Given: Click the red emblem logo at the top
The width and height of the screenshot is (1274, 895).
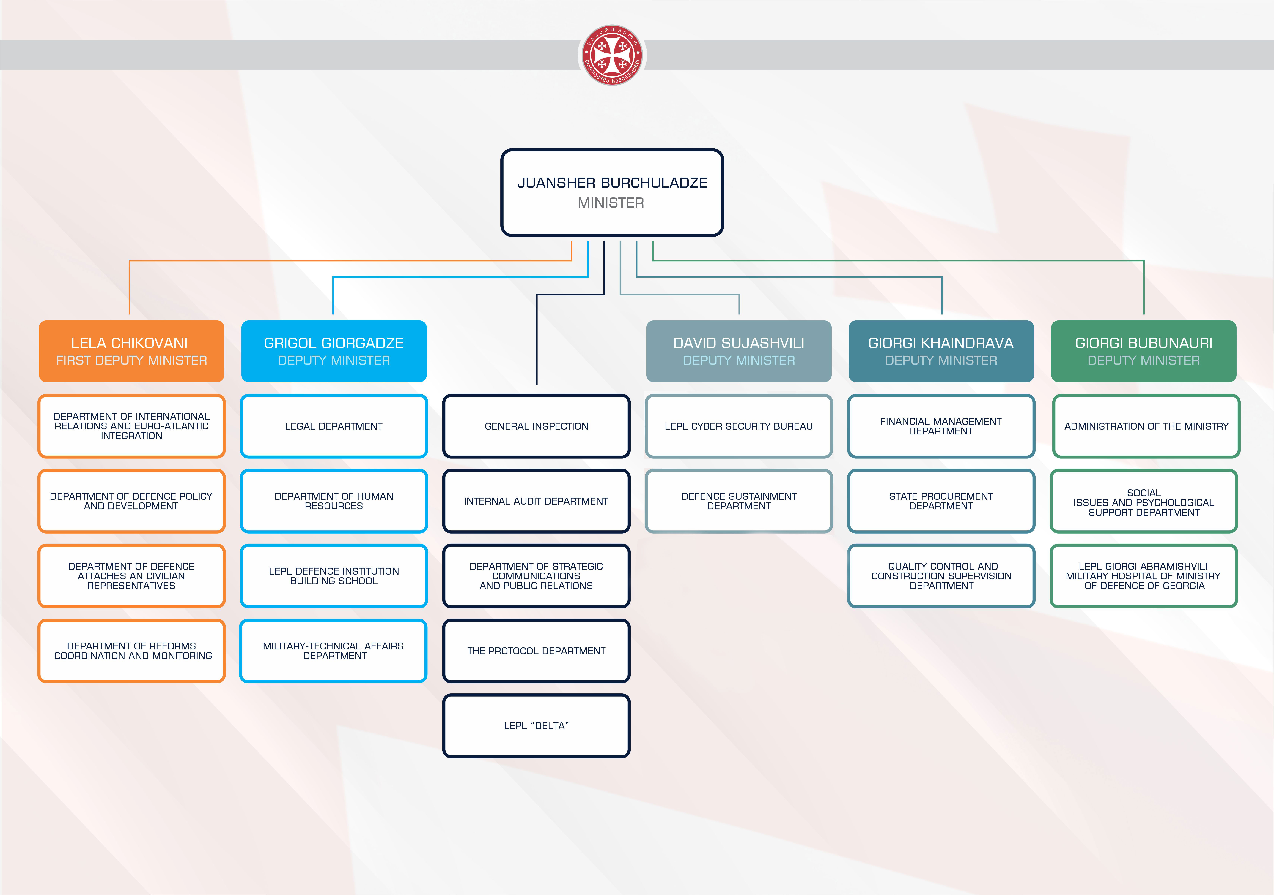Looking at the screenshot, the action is click(612, 55).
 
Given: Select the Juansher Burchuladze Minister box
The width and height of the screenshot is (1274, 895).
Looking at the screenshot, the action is click(612, 192).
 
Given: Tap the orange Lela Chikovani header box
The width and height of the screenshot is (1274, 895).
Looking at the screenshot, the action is click(131, 351).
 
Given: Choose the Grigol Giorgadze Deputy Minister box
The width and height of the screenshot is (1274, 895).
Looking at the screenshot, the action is click(334, 351).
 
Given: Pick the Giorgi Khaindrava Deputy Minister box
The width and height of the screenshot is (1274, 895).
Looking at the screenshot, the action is click(941, 351).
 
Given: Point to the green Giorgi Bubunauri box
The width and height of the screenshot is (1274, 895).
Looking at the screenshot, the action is click(1144, 351).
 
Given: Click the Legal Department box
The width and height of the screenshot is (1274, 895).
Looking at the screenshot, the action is click(334, 426).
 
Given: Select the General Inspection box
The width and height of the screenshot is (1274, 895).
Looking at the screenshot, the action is click(537, 426).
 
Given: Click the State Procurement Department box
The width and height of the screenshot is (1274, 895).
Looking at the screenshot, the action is click(941, 501).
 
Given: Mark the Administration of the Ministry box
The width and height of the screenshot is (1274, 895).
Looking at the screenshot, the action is click(1146, 426).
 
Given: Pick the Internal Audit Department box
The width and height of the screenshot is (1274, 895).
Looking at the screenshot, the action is click(537, 501).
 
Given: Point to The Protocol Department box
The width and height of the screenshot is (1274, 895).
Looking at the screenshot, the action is click(537, 650).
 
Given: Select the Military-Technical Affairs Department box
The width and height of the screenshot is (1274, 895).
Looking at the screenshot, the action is click(334, 650).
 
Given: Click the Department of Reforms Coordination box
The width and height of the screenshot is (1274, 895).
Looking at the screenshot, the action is click(131, 650).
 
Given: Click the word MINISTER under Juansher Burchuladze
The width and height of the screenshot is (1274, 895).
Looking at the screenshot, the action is click(611, 203).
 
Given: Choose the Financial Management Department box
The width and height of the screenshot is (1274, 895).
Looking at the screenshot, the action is click(941, 426).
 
